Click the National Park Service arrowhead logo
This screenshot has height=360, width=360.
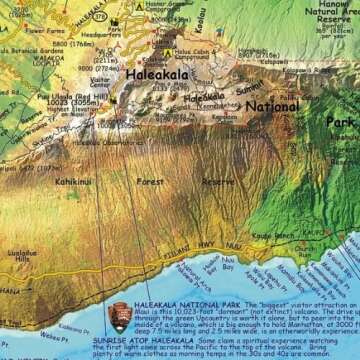click(x=117, y=317)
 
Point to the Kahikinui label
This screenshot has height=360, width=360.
click(x=73, y=182)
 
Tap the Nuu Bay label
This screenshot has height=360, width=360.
click(x=228, y=267)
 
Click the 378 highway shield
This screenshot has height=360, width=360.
click(x=96, y=17)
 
